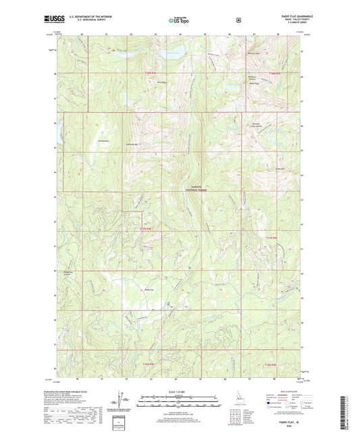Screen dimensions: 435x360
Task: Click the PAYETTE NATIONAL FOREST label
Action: click(192, 188)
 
